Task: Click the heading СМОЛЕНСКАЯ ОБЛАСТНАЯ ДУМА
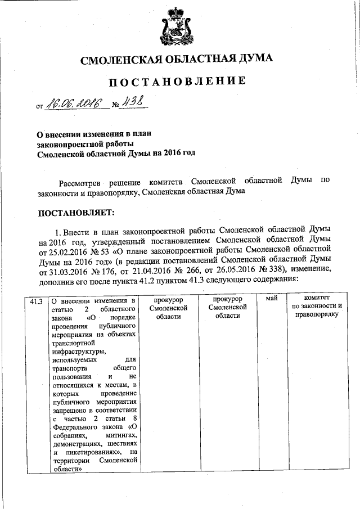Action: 177,59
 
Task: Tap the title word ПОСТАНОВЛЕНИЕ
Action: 177,82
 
